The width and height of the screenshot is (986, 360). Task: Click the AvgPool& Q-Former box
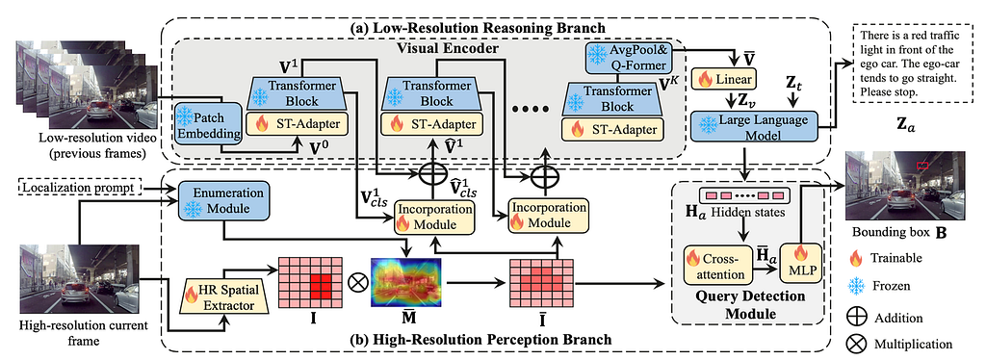tap(629, 59)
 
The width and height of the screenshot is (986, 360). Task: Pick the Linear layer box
tap(726, 79)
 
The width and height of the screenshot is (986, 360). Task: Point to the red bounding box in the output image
tap(922, 166)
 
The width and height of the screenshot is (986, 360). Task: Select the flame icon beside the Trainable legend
tap(856, 258)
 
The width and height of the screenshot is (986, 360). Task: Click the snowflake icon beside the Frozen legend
tap(856, 287)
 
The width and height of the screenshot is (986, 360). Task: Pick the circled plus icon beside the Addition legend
tap(856, 317)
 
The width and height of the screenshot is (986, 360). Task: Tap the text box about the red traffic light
tap(904, 63)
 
